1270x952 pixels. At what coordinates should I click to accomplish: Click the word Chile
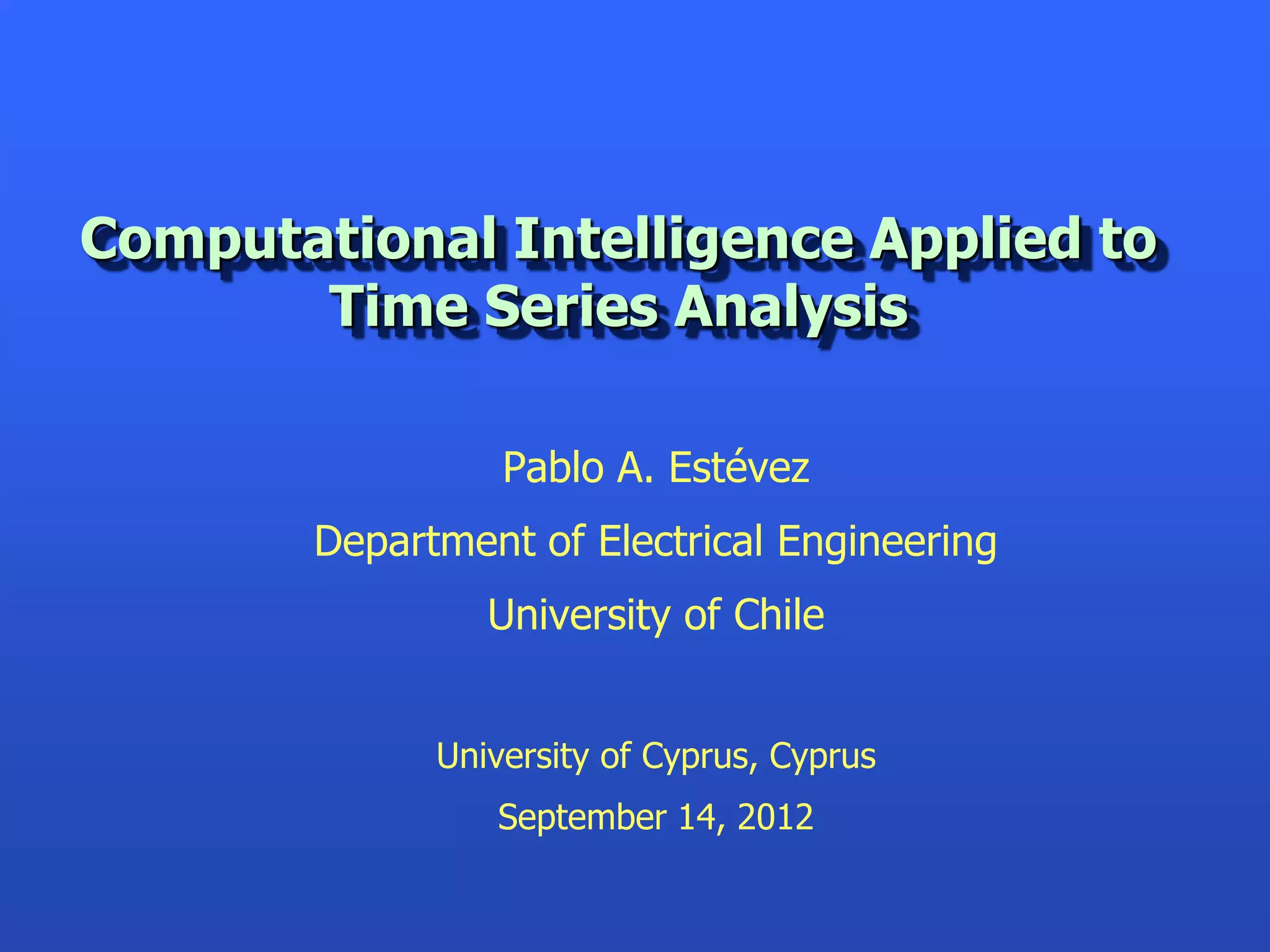pyautogui.click(x=779, y=615)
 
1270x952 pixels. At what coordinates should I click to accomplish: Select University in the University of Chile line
pyautogui.click(x=579, y=616)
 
